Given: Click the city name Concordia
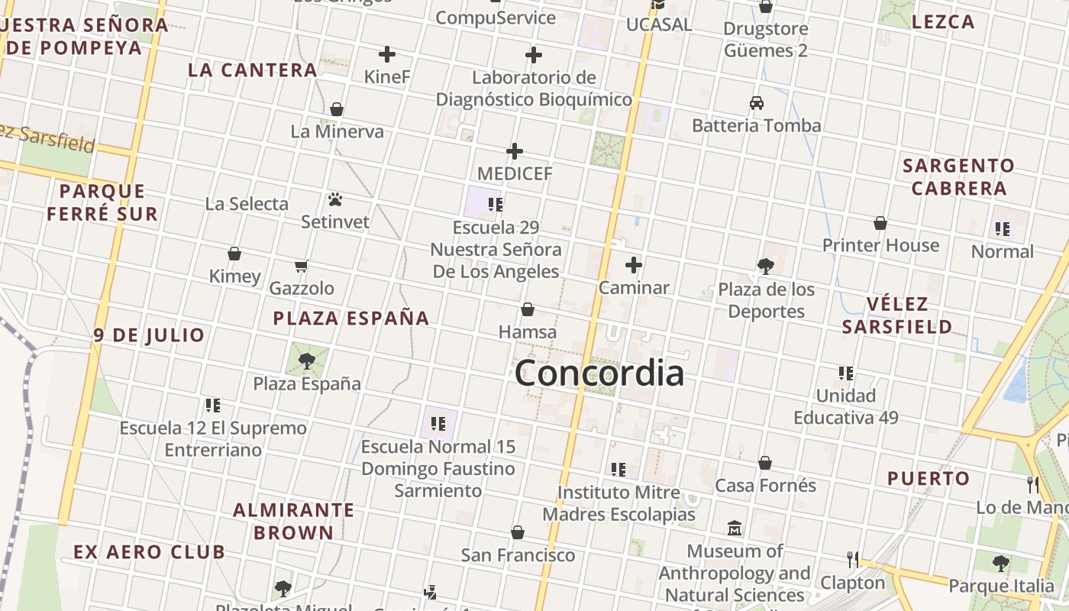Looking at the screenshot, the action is pyautogui.click(x=599, y=373).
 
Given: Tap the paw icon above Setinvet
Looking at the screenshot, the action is pyautogui.click(x=335, y=200).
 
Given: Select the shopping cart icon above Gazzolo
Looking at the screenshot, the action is pyautogui.click(x=301, y=267).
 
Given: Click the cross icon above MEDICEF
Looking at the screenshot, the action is pyautogui.click(x=515, y=151).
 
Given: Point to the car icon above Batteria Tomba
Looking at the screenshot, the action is pyautogui.click(x=757, y=103).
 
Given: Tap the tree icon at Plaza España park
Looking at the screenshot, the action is pyautogui.click(x=307, y=360).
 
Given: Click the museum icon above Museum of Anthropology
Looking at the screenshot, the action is pyautogui.click(x=735, y=528).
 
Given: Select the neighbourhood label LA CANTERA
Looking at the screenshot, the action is pyautogui.click(x=253, y=70).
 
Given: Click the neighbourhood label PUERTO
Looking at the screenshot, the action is pyautogui.click(x=929, y=479).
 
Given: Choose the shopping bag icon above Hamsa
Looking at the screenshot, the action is pyautogui.click(x=527, y=309).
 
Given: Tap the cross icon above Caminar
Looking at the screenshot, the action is pyautogui.click(x=634, y=265).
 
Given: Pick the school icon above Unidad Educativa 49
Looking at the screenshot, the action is pyautogui.click(x=846, y=373).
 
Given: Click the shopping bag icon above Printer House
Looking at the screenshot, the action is pyautogui.click(x=880, y=223).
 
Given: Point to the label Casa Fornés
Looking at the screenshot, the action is pyautogui.click(x=765, y=486).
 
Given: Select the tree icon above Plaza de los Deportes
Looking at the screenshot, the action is pyautogui.click(x=766, y=267).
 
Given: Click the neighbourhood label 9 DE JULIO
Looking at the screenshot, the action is pyautogui.click(x=150, y=335).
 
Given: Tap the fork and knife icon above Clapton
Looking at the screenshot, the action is pyautogui.click(x=853, y=560).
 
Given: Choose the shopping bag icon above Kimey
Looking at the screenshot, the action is pyautogui.click(x=234, y=254).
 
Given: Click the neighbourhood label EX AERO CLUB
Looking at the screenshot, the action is pyautogui.click(x=149, y=551).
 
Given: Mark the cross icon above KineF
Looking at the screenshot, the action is pyautogui.click(x=387, y=54).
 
